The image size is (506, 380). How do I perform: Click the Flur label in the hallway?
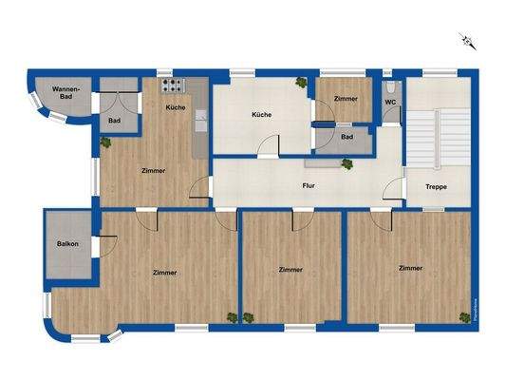point(309,186)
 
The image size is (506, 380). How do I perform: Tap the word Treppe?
point(437,186)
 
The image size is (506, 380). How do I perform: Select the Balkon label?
point(67,244)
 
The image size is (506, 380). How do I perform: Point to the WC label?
point(390,101)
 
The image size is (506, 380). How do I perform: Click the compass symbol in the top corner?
point(467,40)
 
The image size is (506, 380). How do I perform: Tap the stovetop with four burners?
point(175,85)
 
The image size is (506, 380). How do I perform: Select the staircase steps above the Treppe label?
point(438,139)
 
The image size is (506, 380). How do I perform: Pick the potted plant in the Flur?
point(347,163)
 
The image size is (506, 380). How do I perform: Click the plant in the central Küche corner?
point(302,84)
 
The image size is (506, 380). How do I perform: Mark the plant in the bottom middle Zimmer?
point(249,316)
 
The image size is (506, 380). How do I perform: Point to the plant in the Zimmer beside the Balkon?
point(231,316)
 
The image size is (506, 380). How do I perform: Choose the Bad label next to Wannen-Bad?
point(114,121)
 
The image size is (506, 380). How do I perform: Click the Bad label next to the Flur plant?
point(347,136)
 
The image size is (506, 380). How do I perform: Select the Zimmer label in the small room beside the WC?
point(347,98)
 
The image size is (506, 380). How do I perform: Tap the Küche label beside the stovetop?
point(176,107)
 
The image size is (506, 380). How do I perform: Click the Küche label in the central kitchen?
point(261,114)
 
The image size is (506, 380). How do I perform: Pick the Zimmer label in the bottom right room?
point(410,269)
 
